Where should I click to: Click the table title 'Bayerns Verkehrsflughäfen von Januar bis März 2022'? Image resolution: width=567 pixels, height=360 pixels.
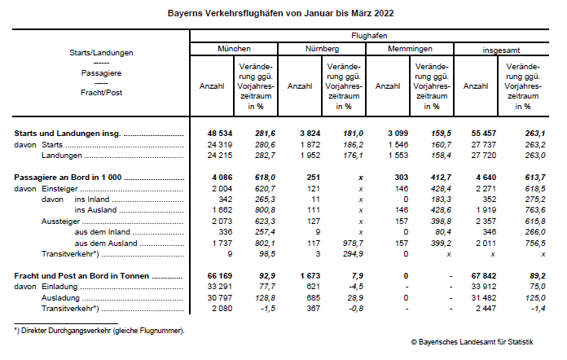[x=281, y=14]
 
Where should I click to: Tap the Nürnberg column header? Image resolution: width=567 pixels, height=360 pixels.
[x=321, y=49]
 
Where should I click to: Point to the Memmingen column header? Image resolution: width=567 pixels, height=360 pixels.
[x=410, y=49]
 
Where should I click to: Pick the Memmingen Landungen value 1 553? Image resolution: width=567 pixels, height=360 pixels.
[x=389, y=155]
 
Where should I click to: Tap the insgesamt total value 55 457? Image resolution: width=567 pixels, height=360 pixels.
[x=476, y=132]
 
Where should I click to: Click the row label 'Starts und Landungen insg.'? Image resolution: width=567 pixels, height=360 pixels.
[x=68, y=132]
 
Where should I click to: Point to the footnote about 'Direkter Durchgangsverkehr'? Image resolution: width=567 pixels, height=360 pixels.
[x=99, y=330]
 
